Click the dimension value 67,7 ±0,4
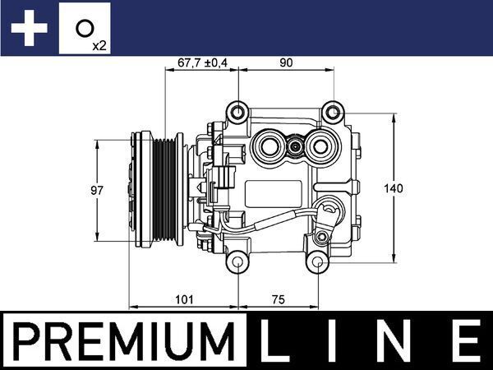coord(201,60)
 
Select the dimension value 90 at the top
coord(286,60)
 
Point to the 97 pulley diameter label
coord(96,191)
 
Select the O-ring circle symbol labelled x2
coord(84,27)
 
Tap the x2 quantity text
coord(99,44)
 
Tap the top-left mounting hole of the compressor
coord(238,111)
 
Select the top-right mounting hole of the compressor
coord(332,111)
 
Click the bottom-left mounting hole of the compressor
coord(238,263)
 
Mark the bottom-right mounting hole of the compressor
coord(316,263)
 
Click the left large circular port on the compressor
coord(269,148)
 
